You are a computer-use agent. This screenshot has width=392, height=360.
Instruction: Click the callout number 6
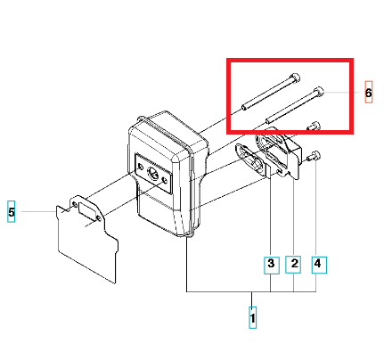click(x=368, y=92)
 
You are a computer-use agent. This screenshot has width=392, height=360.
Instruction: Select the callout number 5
click(x=12, y=211)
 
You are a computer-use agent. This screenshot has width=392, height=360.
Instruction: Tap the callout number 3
click(x=272, y=265)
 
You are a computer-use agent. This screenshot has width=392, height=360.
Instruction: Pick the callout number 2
click(x=293, y=265)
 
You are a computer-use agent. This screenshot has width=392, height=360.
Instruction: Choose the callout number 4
click(x=319, y=265)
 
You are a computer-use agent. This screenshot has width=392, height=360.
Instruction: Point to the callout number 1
click(x=252, y=317)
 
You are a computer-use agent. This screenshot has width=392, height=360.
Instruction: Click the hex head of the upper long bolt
click(x=295, y=78)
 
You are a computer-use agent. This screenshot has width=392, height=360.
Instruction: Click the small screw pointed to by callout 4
click(x=314, y=156)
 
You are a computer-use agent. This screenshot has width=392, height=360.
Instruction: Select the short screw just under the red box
click(x=314, y=126)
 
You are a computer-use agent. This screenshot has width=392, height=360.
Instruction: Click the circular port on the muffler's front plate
click(x=153, y=173)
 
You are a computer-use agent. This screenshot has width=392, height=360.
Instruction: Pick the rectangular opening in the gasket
click(x=86, y=210)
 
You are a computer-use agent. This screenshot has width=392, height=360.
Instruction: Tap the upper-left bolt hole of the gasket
click(x=74, y=205)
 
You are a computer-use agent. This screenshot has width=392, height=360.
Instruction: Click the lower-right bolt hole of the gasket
click(x=99, y=219)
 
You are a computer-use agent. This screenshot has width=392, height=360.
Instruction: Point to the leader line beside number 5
click(x=38, y=211)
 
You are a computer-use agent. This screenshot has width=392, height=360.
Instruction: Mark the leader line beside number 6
click(x=341, y=93)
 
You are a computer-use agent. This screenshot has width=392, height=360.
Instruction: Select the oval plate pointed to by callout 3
click(x=253, y=160)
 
